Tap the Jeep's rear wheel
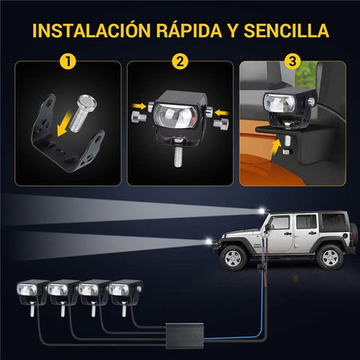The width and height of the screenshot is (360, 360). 328,256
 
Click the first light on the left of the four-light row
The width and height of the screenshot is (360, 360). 32,291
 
